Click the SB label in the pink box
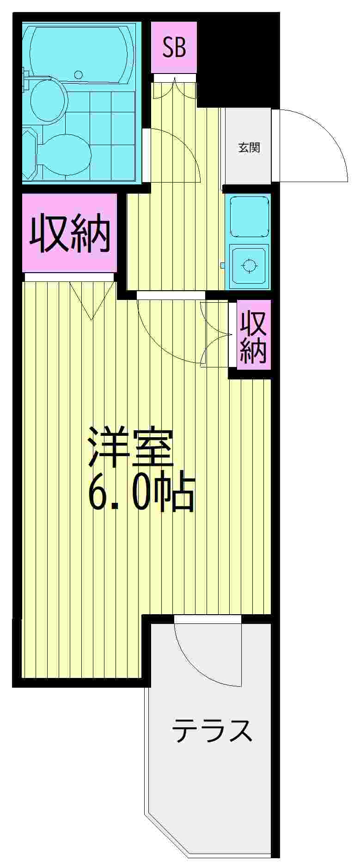click(x=174, y=47)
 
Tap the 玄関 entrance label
click(x=249, y=148)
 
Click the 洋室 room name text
click(x=131, y=448)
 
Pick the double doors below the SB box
click(x=174, y=89)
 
